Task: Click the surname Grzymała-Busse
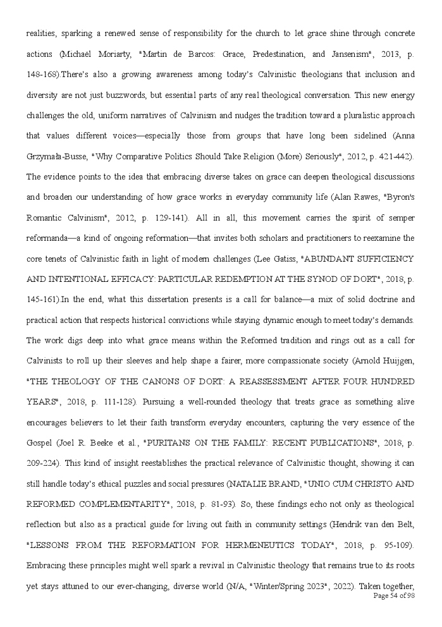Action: (x=54, y=156)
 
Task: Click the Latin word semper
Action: (x=399, y=218)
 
